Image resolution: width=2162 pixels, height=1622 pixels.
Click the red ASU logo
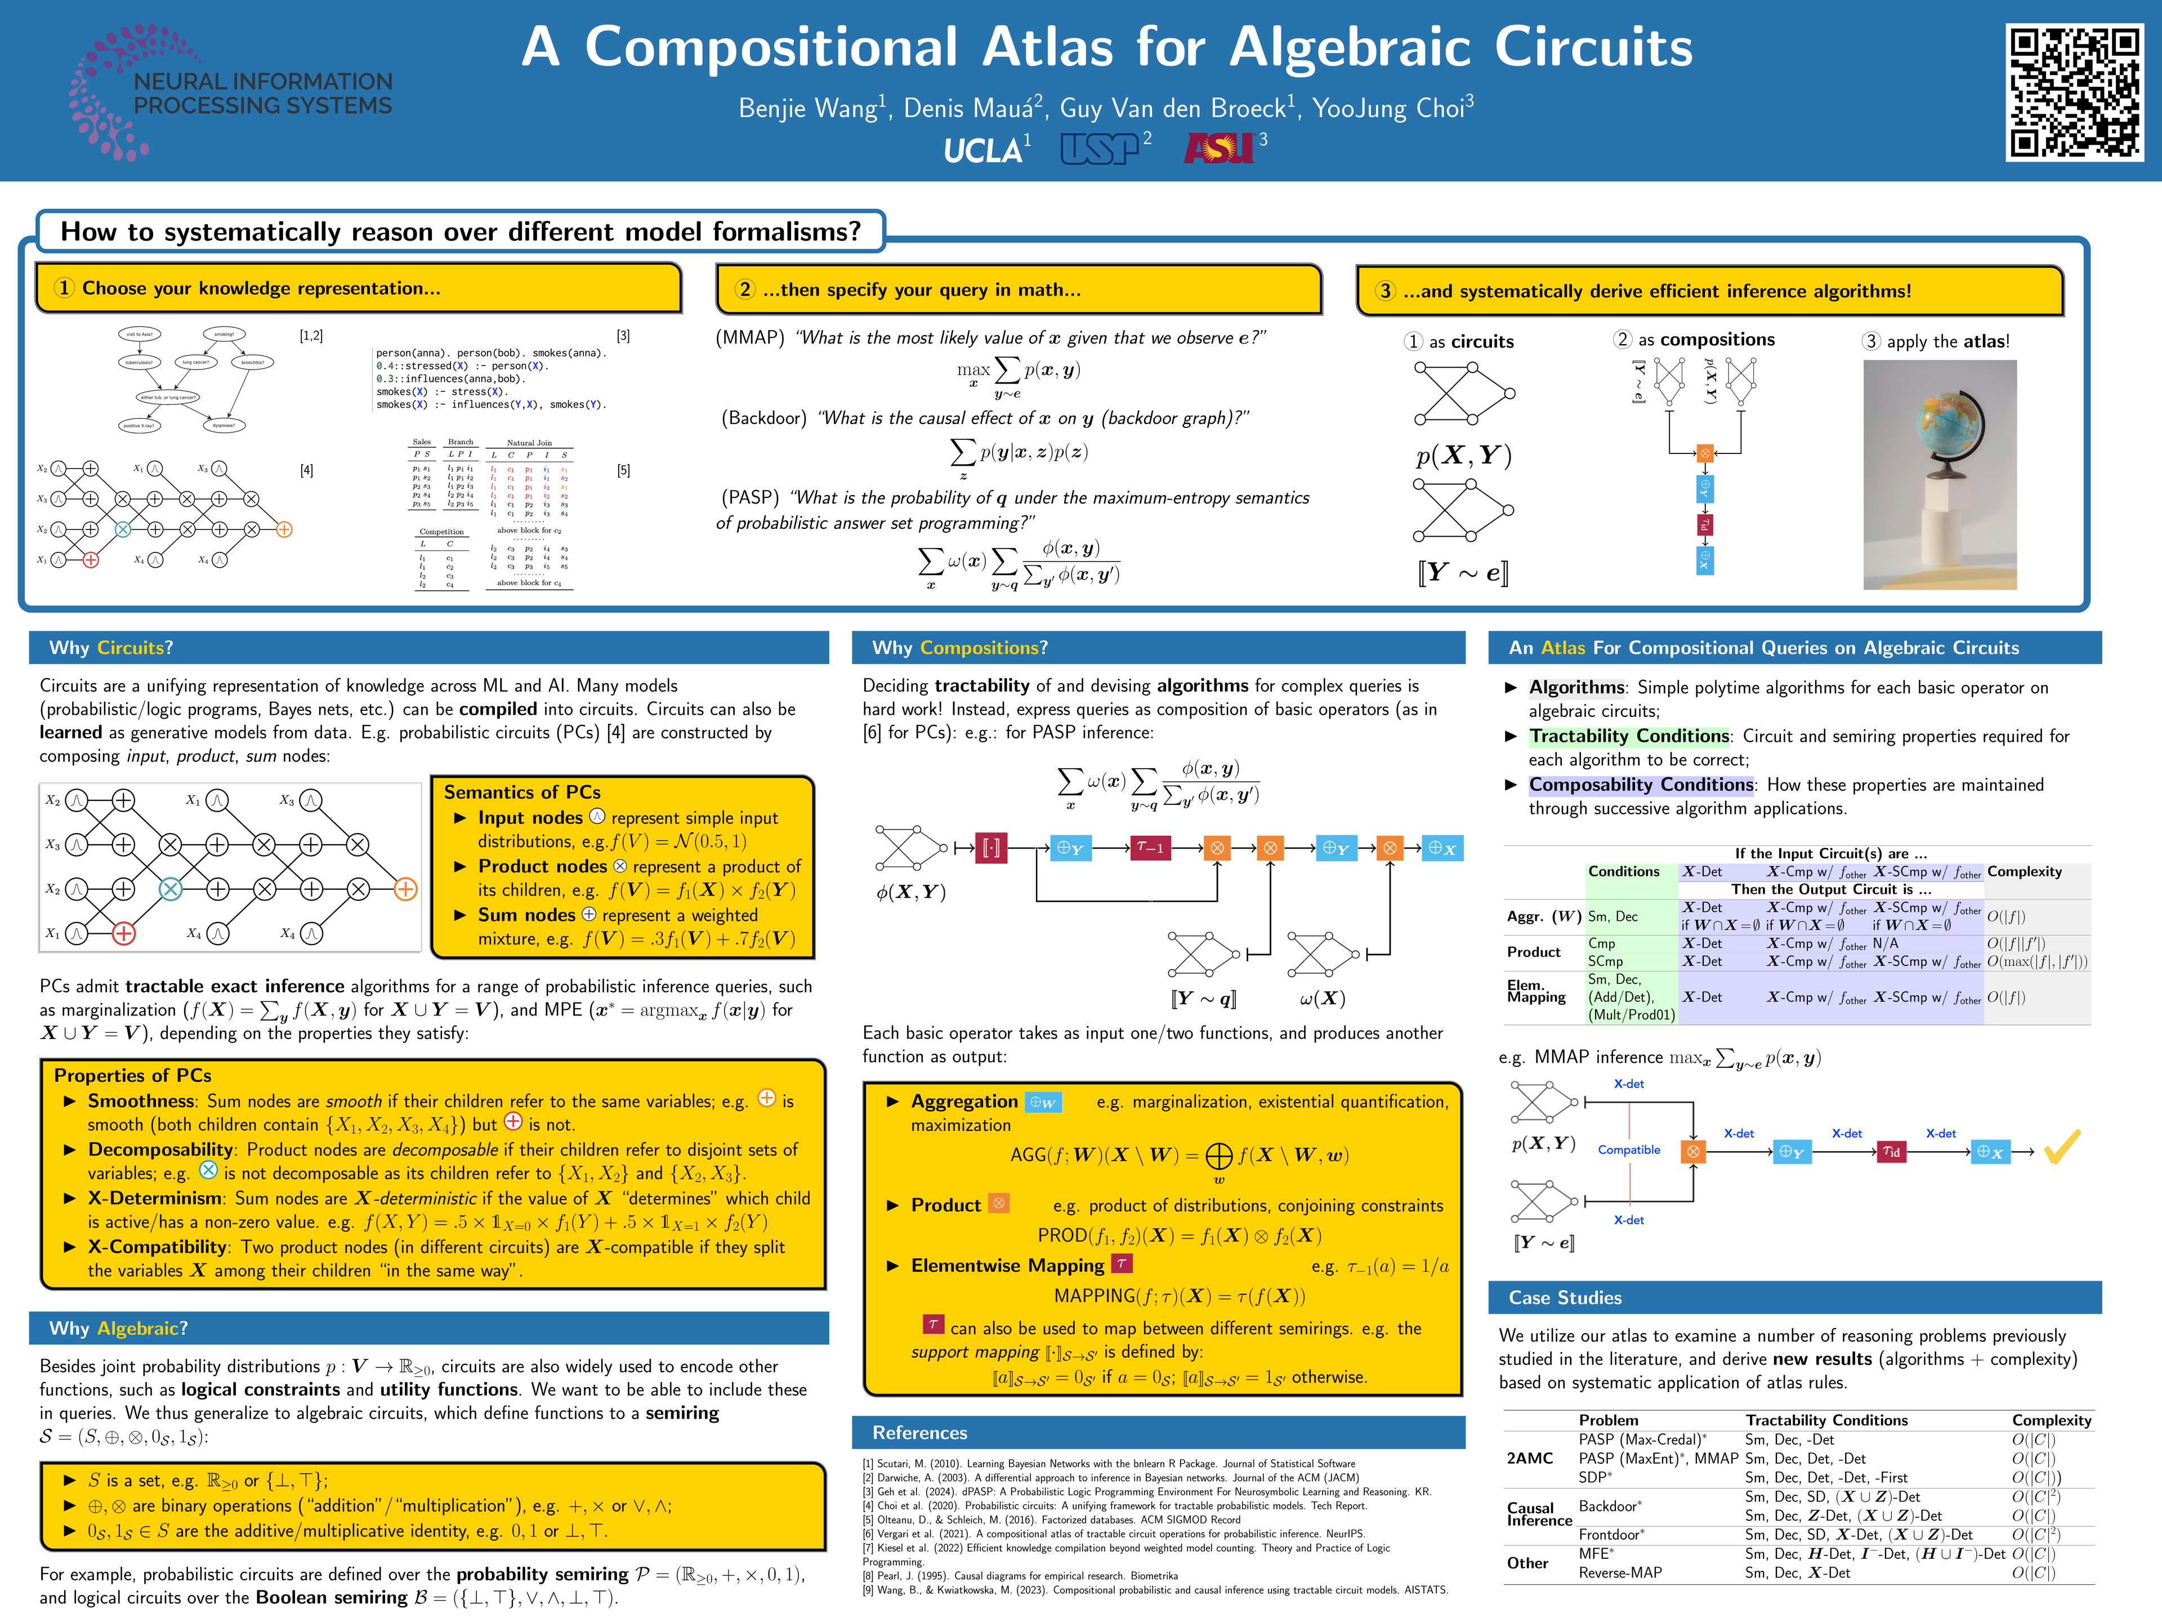1218,148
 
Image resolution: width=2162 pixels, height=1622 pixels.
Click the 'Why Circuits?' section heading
110,647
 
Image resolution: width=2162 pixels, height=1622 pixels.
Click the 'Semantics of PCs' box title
522,792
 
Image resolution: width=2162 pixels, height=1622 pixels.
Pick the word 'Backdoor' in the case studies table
1608,1505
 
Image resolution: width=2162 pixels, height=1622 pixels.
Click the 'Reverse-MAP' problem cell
1620,1572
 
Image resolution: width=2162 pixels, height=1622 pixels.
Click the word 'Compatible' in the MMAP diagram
1628,1150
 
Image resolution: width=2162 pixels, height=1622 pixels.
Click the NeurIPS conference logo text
262,93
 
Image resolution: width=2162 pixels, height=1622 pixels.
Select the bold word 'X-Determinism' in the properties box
154,1198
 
